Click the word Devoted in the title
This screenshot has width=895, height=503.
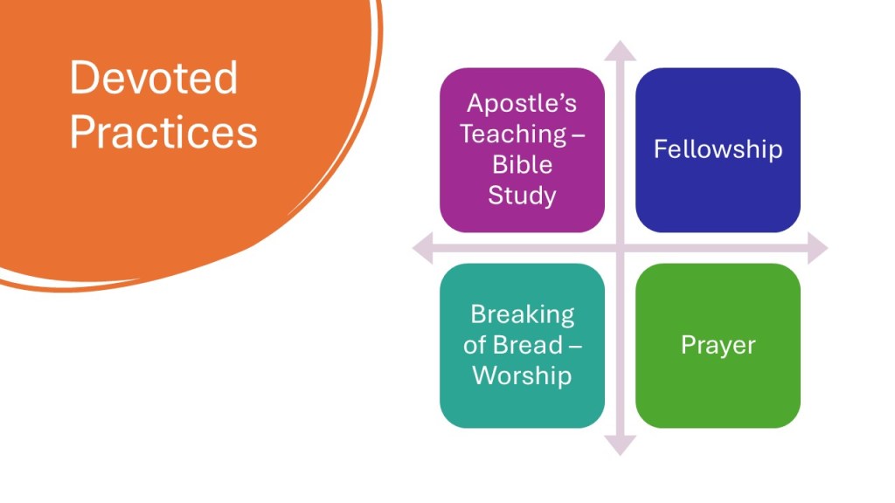pos(153,78)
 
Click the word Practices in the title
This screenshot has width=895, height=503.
pos(163,133)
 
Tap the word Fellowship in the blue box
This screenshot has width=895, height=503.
pos(718,149)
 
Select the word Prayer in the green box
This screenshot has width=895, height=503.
pos(718,345)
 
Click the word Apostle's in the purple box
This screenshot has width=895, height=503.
pos(522,103)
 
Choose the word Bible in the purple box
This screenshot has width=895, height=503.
pos(522,164)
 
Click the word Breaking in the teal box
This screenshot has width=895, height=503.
pos(522,314)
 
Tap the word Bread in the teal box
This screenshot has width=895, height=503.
pos(525,345)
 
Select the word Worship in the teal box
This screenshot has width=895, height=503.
pos(522,376)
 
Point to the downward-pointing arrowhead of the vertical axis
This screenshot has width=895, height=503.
pos(621,445)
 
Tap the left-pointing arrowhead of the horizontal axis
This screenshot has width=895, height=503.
pos(422,249)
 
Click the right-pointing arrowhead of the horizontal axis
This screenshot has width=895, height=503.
pos(817,249)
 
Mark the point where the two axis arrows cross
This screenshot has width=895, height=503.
pos(621,249)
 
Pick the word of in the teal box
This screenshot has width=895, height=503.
pos(475,345)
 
